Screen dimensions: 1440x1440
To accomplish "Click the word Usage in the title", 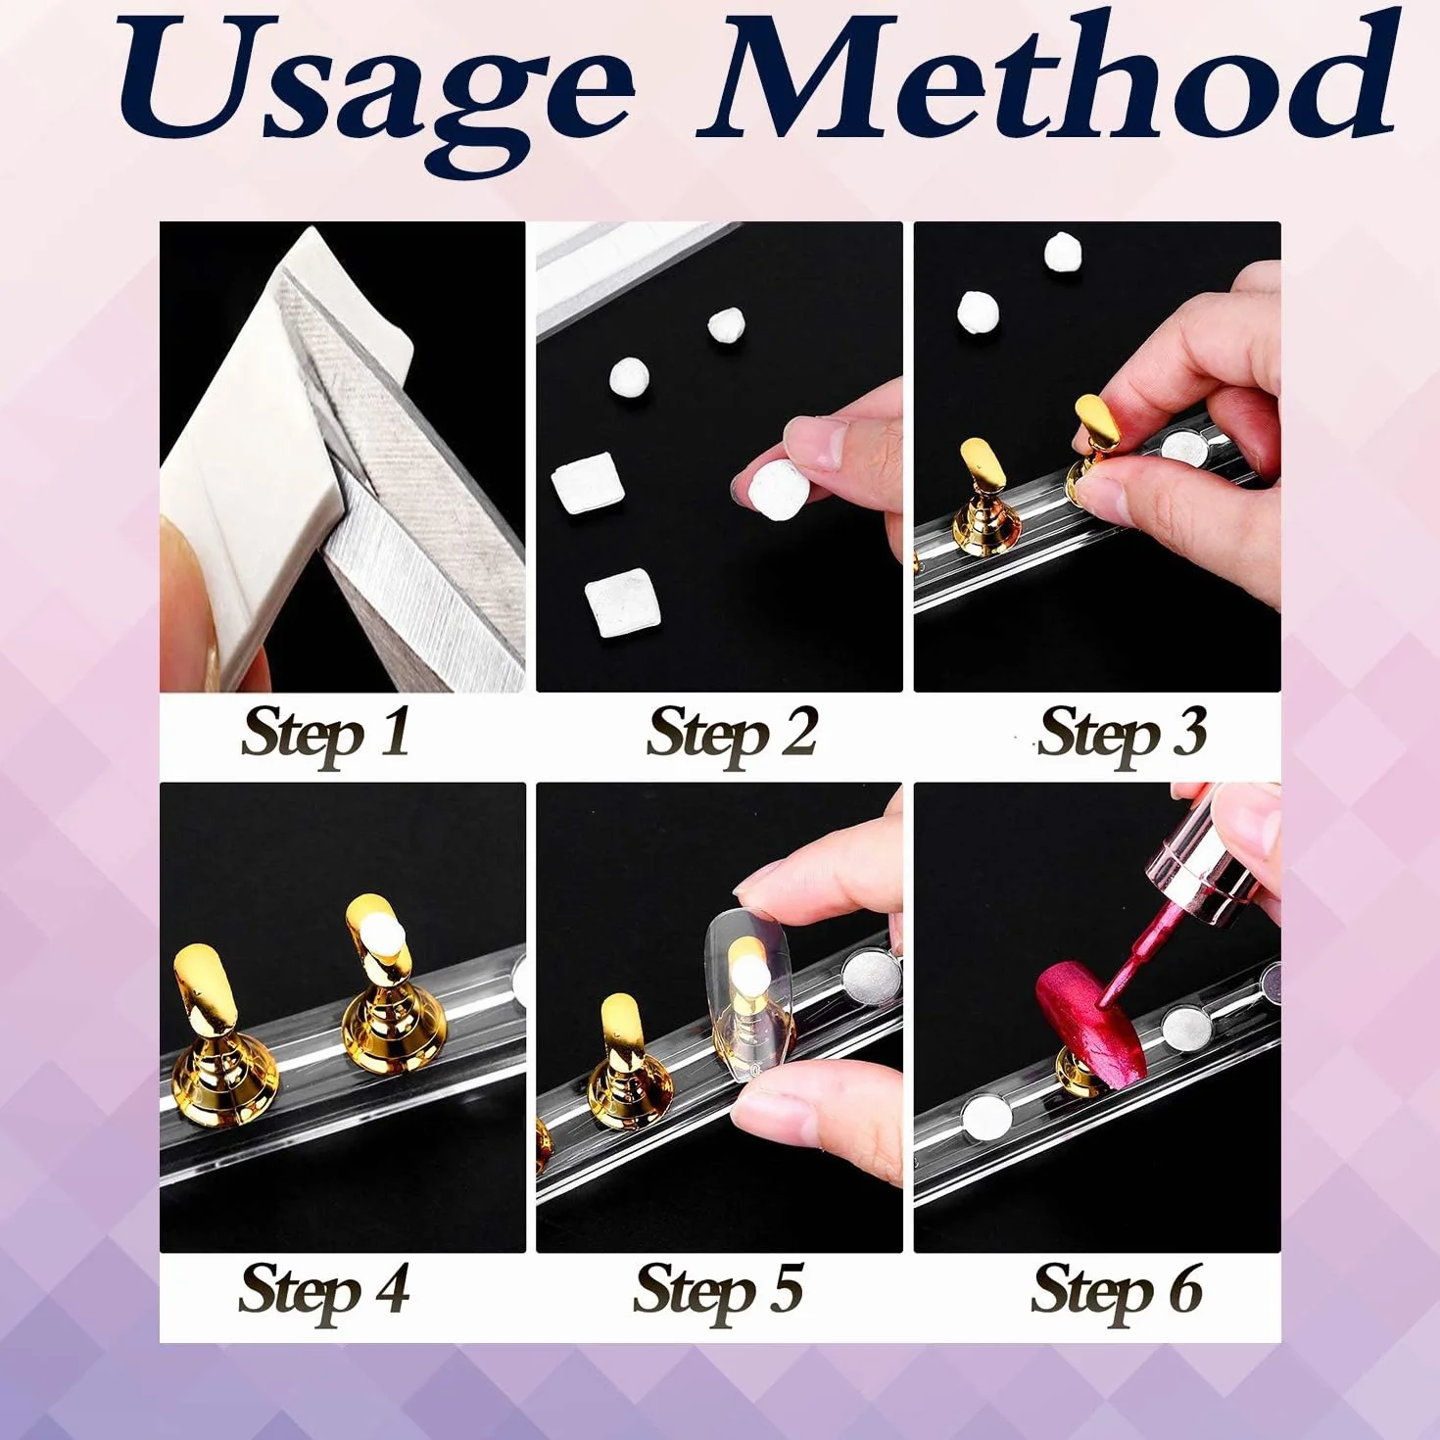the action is coord(373,93).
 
